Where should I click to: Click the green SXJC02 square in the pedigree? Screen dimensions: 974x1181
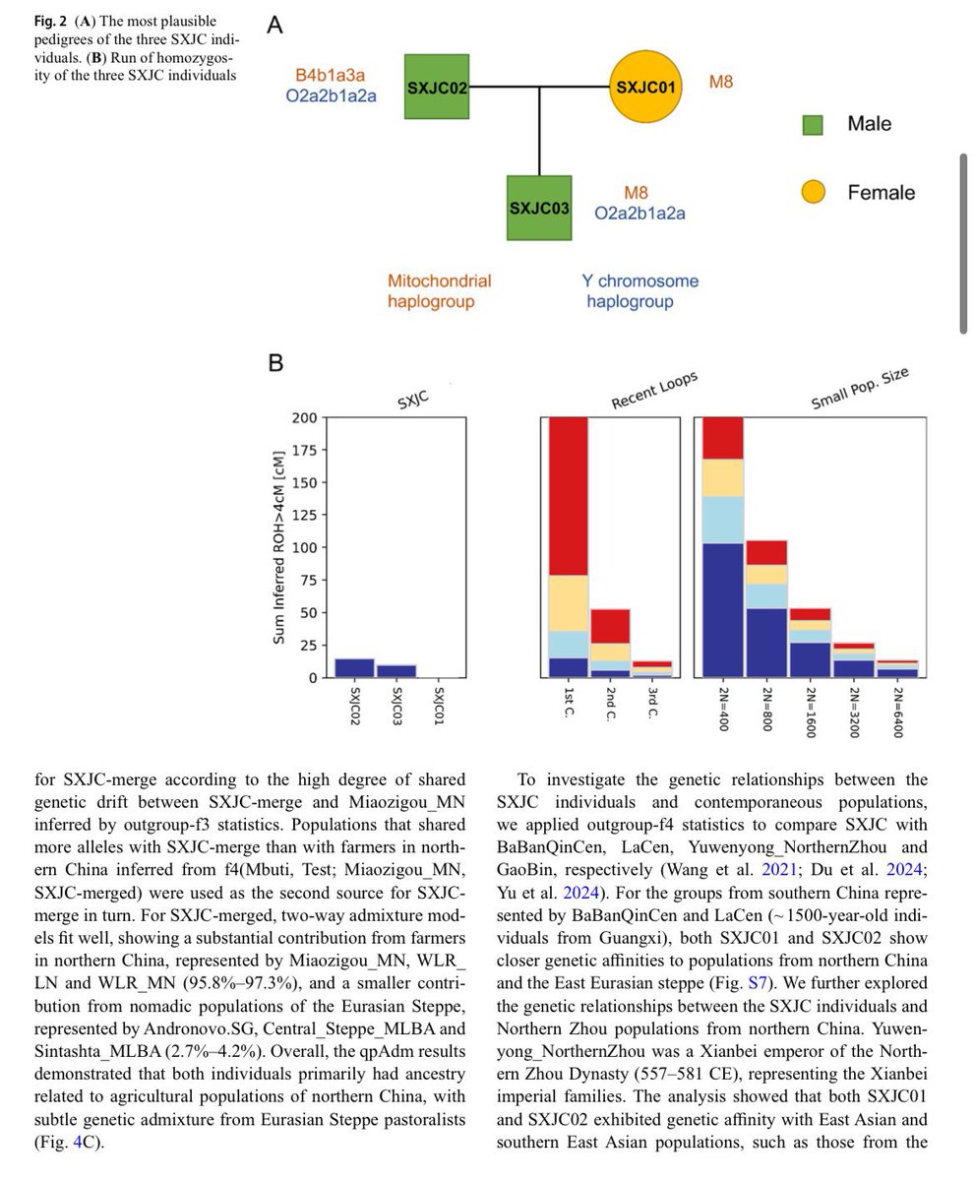(x=436, y=87)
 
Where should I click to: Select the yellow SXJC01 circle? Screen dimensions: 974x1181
(x=645, y=87)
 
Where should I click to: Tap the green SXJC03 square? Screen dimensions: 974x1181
(x=538, y=208)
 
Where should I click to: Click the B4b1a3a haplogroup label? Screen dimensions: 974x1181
(x=330, y=75)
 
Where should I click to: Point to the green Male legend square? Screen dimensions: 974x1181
(x=813, y=125)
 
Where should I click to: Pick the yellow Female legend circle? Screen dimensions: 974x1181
(x=813, y=192)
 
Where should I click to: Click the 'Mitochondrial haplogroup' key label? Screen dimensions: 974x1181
(x=439, y=290)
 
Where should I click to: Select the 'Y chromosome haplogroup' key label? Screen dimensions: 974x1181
(x=639, y=290)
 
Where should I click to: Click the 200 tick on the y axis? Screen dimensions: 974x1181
(x=304, y=418)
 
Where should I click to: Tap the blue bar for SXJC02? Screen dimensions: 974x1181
(x=354, y=668)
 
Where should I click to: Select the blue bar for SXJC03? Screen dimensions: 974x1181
(x=396, y=671)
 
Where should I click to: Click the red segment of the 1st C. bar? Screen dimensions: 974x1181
(x=568, y=496)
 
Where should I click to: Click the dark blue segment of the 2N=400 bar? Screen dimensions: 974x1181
(x=722, y=610)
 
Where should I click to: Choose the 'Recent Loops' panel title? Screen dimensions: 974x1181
(x=654, y=390)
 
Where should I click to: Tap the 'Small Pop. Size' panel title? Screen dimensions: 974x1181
(x=859, y=388)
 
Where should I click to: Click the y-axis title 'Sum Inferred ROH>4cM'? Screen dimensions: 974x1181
(x=278, y=547)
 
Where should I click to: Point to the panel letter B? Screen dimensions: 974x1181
(x=275, y=362)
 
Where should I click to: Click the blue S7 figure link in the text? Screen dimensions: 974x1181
(x=757, y=982)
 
